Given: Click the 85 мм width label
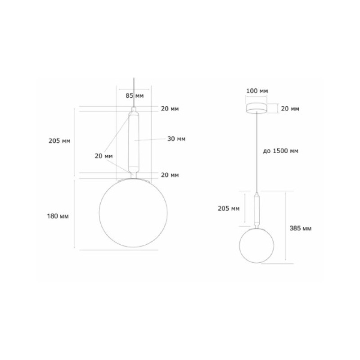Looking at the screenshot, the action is coord(135,95).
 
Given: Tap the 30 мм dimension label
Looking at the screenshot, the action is coord(176,139).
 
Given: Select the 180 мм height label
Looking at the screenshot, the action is coord(58,216).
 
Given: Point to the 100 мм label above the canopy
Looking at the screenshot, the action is coord(257,91).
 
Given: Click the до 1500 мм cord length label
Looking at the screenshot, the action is coord(280,151).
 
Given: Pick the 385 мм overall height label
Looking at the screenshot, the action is coord(301,229).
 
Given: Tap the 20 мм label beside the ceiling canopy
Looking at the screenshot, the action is coord(290,109).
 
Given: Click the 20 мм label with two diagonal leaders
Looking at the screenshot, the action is coord(104,156).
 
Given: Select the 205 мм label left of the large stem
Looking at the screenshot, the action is coord(59,141).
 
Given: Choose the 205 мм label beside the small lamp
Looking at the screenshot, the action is coord(229,208).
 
